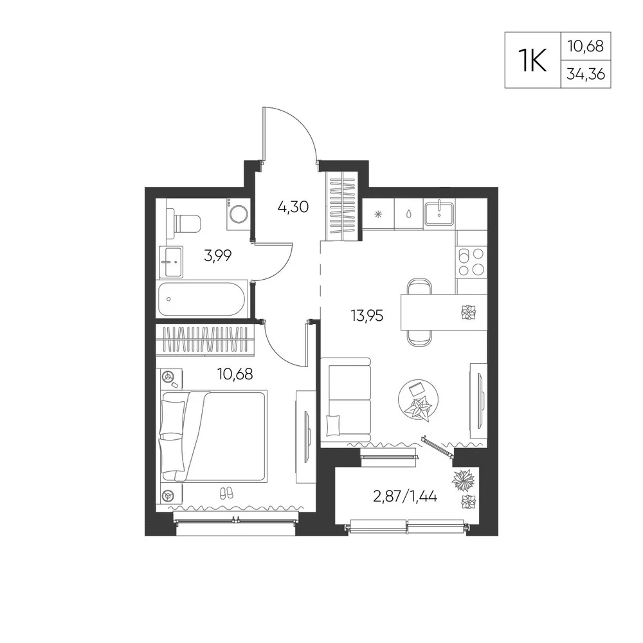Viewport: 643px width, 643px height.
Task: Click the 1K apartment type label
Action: coord(532,60)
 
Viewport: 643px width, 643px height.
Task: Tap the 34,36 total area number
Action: coord(586,74)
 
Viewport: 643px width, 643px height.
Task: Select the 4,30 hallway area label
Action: coord(293,207)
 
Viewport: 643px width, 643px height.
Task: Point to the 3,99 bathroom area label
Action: coord(218,256)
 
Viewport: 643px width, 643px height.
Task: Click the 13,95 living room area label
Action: coord(367,316)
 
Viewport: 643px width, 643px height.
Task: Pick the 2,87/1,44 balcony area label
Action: coord(405,496)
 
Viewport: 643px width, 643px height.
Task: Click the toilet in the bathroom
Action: coord(184,224)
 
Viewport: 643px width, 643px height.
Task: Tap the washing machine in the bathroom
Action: coord(238,213)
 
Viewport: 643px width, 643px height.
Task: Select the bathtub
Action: coord(201,299)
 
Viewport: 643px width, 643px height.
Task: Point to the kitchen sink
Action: coord(439,213)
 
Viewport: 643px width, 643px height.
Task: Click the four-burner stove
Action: coord(471,262)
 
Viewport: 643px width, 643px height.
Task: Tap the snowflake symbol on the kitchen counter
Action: coord(379,213)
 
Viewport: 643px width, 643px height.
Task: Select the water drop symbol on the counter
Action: coord(409,213)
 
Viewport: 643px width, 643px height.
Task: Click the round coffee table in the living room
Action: coord(419,399)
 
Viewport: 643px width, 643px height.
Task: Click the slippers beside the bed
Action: coord(226,493)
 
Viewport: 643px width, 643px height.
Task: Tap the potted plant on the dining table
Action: coord(468,312)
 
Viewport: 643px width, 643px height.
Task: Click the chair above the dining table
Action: coord(420,286)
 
